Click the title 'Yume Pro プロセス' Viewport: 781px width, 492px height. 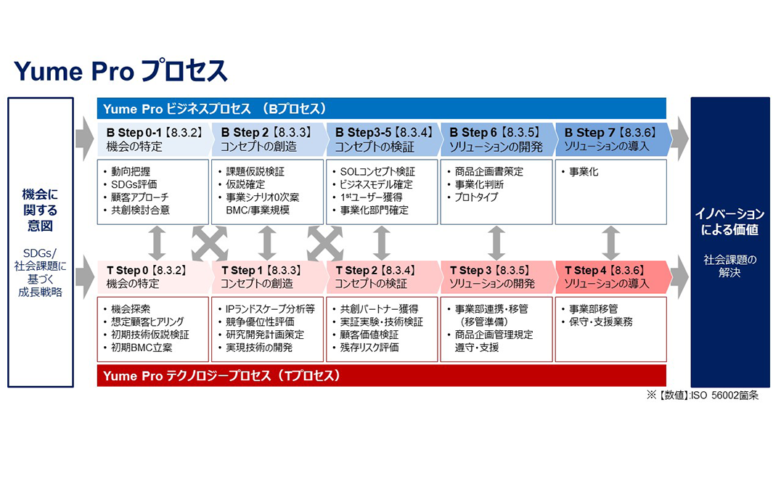tap(120, 70)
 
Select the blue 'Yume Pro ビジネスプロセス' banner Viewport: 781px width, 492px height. tap(382, 109)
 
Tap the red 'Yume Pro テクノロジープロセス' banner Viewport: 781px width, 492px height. tap(382, 375)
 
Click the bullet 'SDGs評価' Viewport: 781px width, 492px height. tap(134, 184)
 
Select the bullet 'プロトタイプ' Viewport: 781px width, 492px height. tap(476, 197)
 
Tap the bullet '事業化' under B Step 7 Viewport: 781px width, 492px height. tap(584, 172)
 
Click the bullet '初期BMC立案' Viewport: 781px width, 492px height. tap(142, 348)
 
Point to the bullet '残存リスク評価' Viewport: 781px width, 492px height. tap(369, 348)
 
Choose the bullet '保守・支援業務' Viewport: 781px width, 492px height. tap(601, 321)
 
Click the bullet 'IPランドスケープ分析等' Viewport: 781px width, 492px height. tap(270, 308)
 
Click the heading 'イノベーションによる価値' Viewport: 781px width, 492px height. tap(729, 221)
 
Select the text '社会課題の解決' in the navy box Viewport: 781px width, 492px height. tap(729, 266)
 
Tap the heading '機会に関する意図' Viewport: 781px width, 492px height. tap(41, 210)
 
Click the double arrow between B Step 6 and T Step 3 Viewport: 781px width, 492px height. tap(496, 243)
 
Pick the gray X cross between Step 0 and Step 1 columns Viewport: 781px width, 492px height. tap(210, 243)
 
